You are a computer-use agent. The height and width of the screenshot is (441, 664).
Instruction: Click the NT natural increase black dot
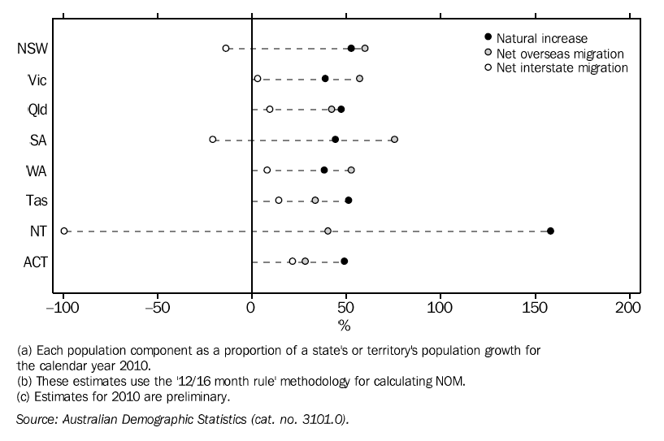(x=550, y=231)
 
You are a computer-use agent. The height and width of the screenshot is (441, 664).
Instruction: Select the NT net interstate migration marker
(x=64, y=231)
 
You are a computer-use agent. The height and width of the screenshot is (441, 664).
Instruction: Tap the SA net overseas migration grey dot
(x=394, y=140)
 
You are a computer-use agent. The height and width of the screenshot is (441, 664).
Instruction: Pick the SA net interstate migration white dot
(x=213, y=140)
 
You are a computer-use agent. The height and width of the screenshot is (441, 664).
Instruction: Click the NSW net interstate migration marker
(x=226, y=49)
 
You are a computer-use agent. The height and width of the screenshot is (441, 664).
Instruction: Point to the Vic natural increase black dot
(x=325, y=79)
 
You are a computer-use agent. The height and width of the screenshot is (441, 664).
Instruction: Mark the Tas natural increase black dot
(x=349, y=200)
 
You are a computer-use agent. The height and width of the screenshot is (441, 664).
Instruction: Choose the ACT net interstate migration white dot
(x=293, y=262)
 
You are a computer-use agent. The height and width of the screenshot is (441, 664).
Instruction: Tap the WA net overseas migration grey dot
(x=351, y=170)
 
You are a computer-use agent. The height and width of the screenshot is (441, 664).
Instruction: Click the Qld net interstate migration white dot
(x=270, y=109)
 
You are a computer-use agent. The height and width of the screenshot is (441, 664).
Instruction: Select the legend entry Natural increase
(x=541, y=38)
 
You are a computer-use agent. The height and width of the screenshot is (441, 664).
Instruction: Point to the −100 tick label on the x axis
(x=62, y=309)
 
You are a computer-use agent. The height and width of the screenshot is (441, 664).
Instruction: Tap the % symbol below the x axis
(x=345, y=326)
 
